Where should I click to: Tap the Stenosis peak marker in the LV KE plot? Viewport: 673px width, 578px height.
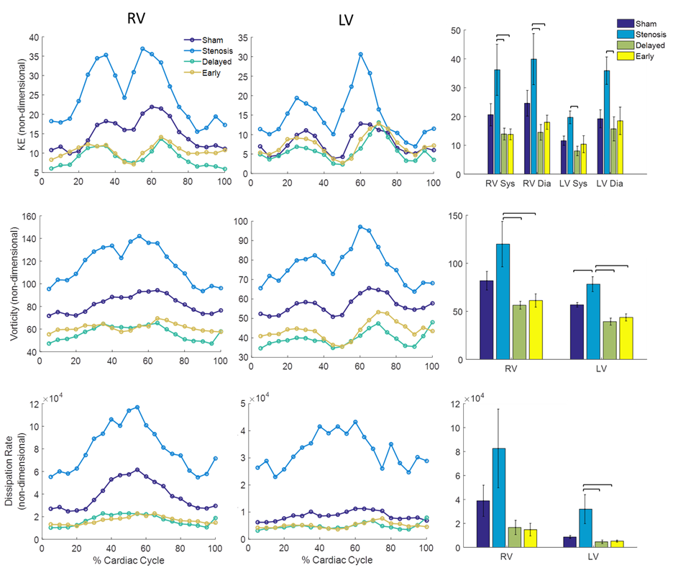coord(360,54)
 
